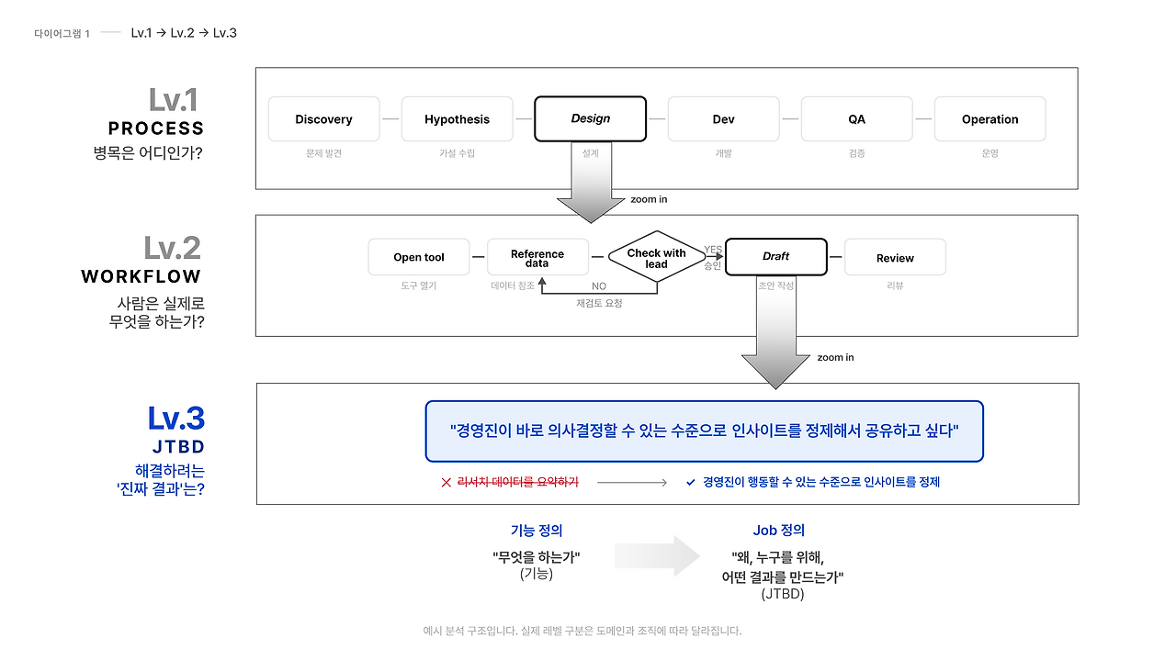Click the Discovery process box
(x=323, y=119)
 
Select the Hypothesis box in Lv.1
(x=457, y=119)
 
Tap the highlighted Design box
(x=590, y=118)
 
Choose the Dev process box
(x=723, y=119)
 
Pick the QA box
(x=856, y=119)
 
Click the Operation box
(x=989, y=119)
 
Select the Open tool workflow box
(x=418, y=257)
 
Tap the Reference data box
(x=537, y=258)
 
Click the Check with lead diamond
(x=656, y=258)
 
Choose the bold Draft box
(x=775, y=256)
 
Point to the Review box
(x=895, y=258)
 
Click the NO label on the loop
(x=599, y=286)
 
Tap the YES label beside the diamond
(x=713, y=250)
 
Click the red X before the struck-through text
(x=447, y=482)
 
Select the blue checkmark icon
(x=691, y=482)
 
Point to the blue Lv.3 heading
(x=175, y=419)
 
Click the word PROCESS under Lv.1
(x=155, y=129)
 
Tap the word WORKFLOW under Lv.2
(x=141, y=276)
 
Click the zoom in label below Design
(x=649, y=199)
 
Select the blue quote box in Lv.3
(x=704, y=431)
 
